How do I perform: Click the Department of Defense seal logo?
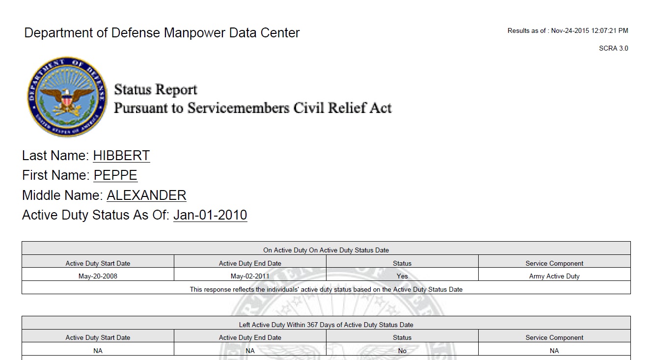click(66, 97)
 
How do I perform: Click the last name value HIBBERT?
click(121, 156)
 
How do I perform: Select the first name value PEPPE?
click(115, 175)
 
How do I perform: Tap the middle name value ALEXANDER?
click(146, 195)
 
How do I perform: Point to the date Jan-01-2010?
click(210, 215)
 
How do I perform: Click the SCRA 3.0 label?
click(613, 48)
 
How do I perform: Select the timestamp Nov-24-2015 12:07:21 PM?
click(589, 30)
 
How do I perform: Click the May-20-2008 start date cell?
click(98, 276)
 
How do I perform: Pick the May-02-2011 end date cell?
click(250, 276)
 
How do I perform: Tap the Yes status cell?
click(402, 276)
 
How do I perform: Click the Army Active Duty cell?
click(554, 276)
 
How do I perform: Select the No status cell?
click(402, 351)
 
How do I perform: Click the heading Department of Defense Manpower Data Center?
click(162, 33)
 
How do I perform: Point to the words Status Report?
click(156, 90)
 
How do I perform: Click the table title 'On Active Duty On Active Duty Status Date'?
click(326, 250)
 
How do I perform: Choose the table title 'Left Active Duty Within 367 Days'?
click(326, 325)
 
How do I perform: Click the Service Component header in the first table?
click(554, 263)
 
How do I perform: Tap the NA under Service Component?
click(554, 351)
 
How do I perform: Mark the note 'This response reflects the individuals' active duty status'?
click(326, 289)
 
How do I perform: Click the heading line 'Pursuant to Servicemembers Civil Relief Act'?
click(252, 108)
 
